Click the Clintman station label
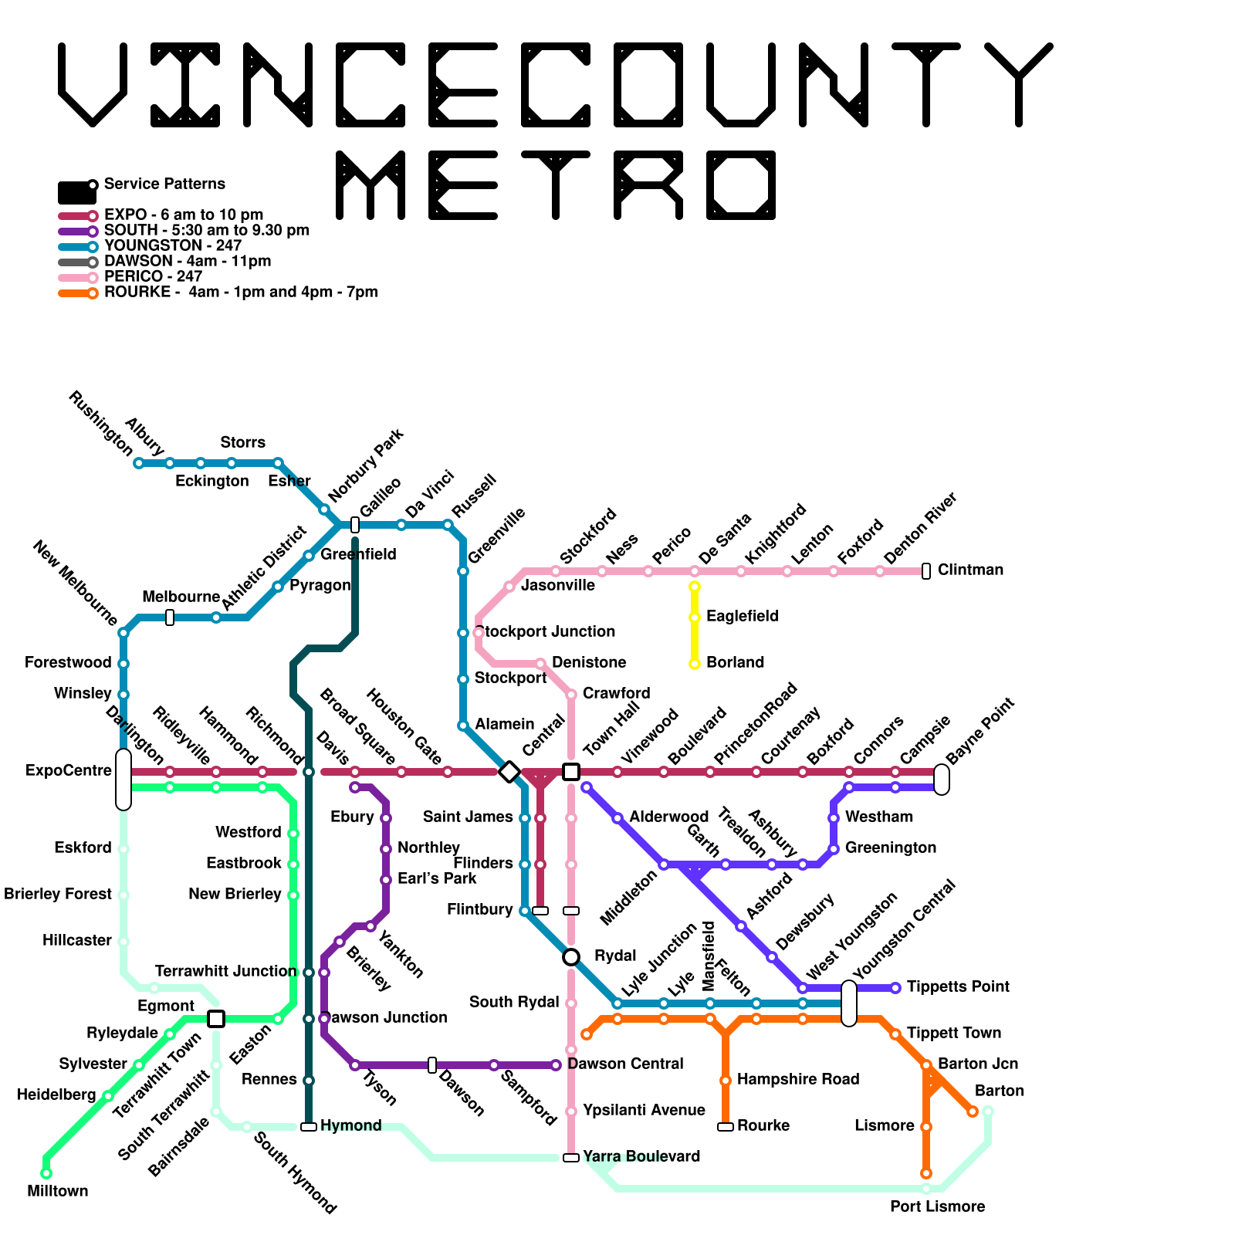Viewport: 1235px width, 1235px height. click(970, 570)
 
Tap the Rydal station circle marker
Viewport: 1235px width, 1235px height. click(571, 957)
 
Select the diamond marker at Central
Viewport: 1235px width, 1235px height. click(509, 771)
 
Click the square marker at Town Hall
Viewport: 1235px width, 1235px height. click(571, 771)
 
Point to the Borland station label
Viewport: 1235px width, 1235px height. click(735, 663)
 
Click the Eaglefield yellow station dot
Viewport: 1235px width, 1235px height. click(695, 617)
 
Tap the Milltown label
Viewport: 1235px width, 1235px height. click(58, 1191)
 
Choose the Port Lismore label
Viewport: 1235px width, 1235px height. click(937, 1206)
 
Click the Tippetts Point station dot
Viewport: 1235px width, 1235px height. click(895, 988)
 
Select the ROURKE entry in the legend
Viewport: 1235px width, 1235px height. click(240, 293)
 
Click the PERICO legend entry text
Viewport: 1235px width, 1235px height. click(153, 276)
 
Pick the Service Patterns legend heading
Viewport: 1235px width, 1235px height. click(164, 184)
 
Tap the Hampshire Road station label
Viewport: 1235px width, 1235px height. click(798, 1079)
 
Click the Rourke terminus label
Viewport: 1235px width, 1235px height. click(763, 1125)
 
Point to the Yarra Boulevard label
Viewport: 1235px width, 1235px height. click(641, 1156)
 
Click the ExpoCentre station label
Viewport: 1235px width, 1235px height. click(69, 770)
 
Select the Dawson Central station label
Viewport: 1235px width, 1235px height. click(625, 1064)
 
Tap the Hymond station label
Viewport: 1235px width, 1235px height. click(351, 1125)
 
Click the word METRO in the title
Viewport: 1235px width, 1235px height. click(556, 185)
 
